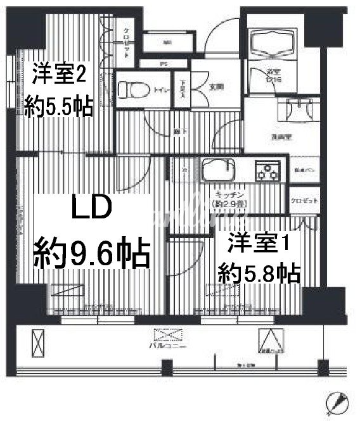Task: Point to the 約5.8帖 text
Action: coord(258,273)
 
